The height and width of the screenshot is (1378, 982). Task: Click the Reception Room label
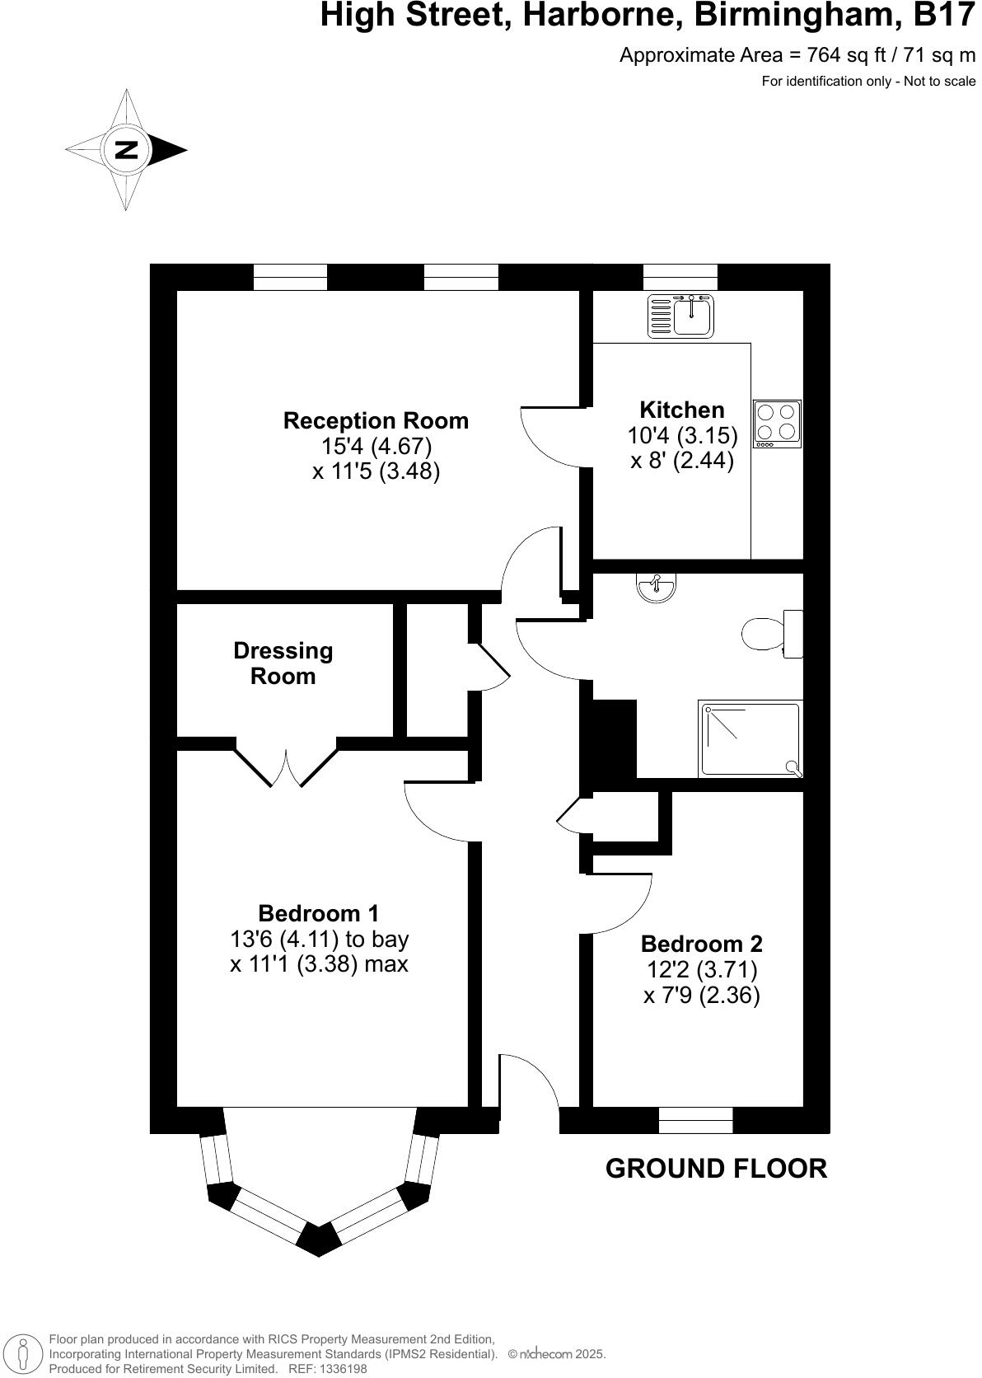376,420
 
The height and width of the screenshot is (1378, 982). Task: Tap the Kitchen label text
682,410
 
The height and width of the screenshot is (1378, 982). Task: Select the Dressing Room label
283,663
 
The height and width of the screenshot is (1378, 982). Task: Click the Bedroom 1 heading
319,913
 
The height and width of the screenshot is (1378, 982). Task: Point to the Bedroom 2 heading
701,944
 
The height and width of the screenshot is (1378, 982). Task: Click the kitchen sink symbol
681,316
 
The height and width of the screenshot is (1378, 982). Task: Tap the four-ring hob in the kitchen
777,423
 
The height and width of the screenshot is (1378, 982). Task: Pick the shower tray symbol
750,738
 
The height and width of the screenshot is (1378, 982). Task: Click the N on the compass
126,150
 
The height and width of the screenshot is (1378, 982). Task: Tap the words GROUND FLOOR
716,1169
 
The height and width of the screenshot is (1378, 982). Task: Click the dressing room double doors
287,766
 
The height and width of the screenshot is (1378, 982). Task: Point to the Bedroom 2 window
695,1120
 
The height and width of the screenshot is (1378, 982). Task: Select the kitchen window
680,277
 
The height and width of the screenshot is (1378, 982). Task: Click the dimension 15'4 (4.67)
376,446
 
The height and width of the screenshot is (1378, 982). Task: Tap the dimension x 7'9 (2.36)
701,995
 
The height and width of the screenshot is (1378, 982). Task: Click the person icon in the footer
24,1353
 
